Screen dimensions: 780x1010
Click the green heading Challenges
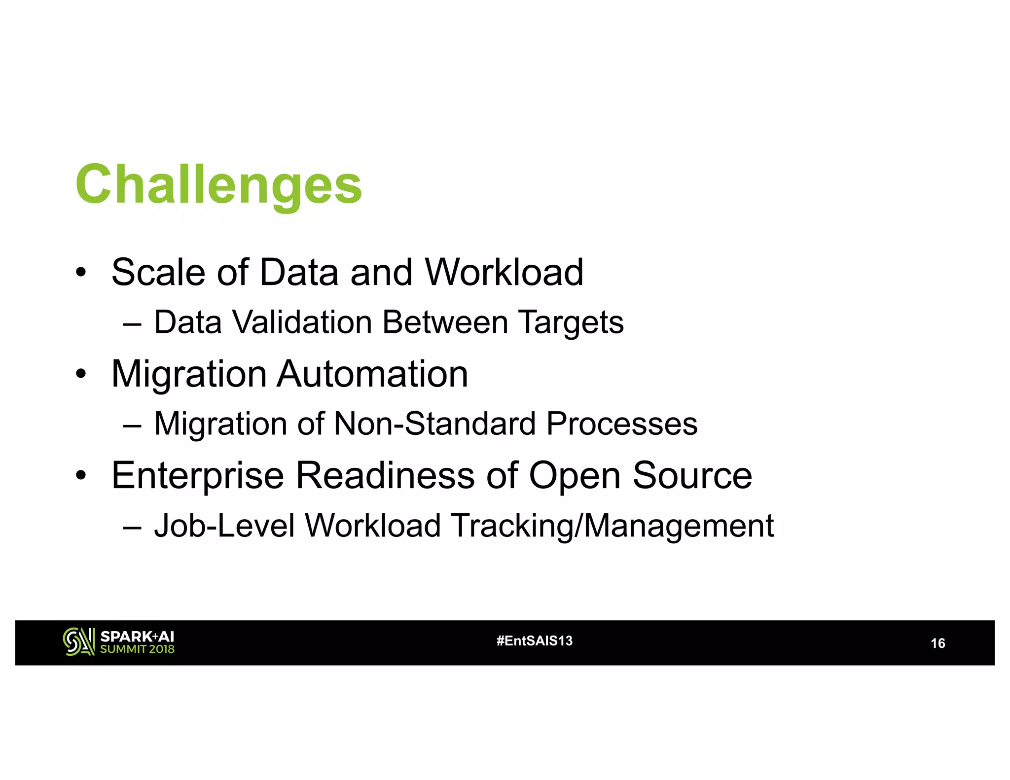click(x=218, y=185)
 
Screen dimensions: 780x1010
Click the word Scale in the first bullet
click(x=158, y=272)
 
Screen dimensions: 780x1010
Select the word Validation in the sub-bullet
click(x=302, y=322)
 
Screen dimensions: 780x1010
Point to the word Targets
click(x=571, y=323)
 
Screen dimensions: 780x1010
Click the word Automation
click(x=372, y=374)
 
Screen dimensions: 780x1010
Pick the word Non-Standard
click(x=434, y=424)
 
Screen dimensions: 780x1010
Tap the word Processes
click(x=622, y=424)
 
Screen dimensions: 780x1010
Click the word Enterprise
click(x=197, y=476)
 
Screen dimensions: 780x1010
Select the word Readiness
click(x=385, y=476)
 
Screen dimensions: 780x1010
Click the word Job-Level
click(x=224, y=526)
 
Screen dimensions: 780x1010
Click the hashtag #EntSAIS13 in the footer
click(x=534, y=641)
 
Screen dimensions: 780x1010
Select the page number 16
click(x=937, y=643)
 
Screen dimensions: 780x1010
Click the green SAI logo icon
click(x=78, y=642)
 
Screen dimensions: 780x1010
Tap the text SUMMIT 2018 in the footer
click(x=137, y=649)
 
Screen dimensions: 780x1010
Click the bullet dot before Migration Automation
click(x=81, y=375)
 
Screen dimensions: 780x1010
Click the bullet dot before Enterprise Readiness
click(x=81, y=476)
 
